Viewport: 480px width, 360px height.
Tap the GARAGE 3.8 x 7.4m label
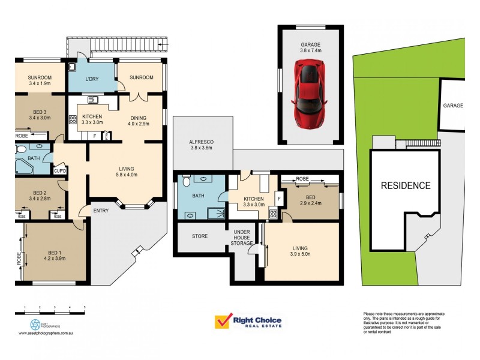310,48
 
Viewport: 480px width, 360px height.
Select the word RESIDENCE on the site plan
406,185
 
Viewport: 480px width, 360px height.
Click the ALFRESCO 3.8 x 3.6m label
202,144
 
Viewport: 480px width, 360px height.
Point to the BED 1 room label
53,255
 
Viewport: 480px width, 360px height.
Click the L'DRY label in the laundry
91,80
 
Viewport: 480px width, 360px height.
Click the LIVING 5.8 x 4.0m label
126,172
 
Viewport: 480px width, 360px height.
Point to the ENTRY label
100,210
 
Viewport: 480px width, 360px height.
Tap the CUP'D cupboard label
59,171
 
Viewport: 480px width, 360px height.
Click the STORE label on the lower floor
200,236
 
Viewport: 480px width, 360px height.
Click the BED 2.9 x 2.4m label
310,200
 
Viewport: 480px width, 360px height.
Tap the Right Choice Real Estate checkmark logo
223,322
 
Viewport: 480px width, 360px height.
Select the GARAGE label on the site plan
453,105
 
